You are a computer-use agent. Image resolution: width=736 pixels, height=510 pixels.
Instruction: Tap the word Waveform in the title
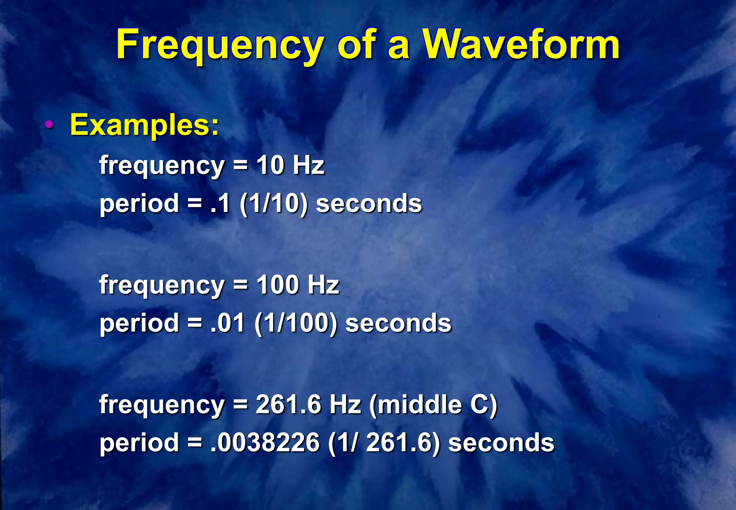(521, 45)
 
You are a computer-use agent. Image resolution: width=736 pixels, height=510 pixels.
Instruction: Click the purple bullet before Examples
(49, 125)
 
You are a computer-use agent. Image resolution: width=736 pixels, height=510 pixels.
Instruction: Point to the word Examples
(144, 125)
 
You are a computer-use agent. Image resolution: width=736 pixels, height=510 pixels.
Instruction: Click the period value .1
(220, 204)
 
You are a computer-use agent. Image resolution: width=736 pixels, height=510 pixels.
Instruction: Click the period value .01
(227, 323)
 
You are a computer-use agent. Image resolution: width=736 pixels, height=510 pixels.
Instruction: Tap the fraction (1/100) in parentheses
(296, 323)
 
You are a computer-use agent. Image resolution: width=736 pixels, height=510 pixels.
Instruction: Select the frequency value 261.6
(288, 404)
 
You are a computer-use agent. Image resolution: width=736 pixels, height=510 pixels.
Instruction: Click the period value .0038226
(265, 442)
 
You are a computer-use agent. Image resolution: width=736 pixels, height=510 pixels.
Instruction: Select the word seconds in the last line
(501, 442)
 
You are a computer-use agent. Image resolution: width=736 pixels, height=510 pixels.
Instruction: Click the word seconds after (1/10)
(369, 204)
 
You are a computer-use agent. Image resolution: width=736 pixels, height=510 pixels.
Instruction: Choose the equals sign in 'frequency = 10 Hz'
(240, 165)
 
